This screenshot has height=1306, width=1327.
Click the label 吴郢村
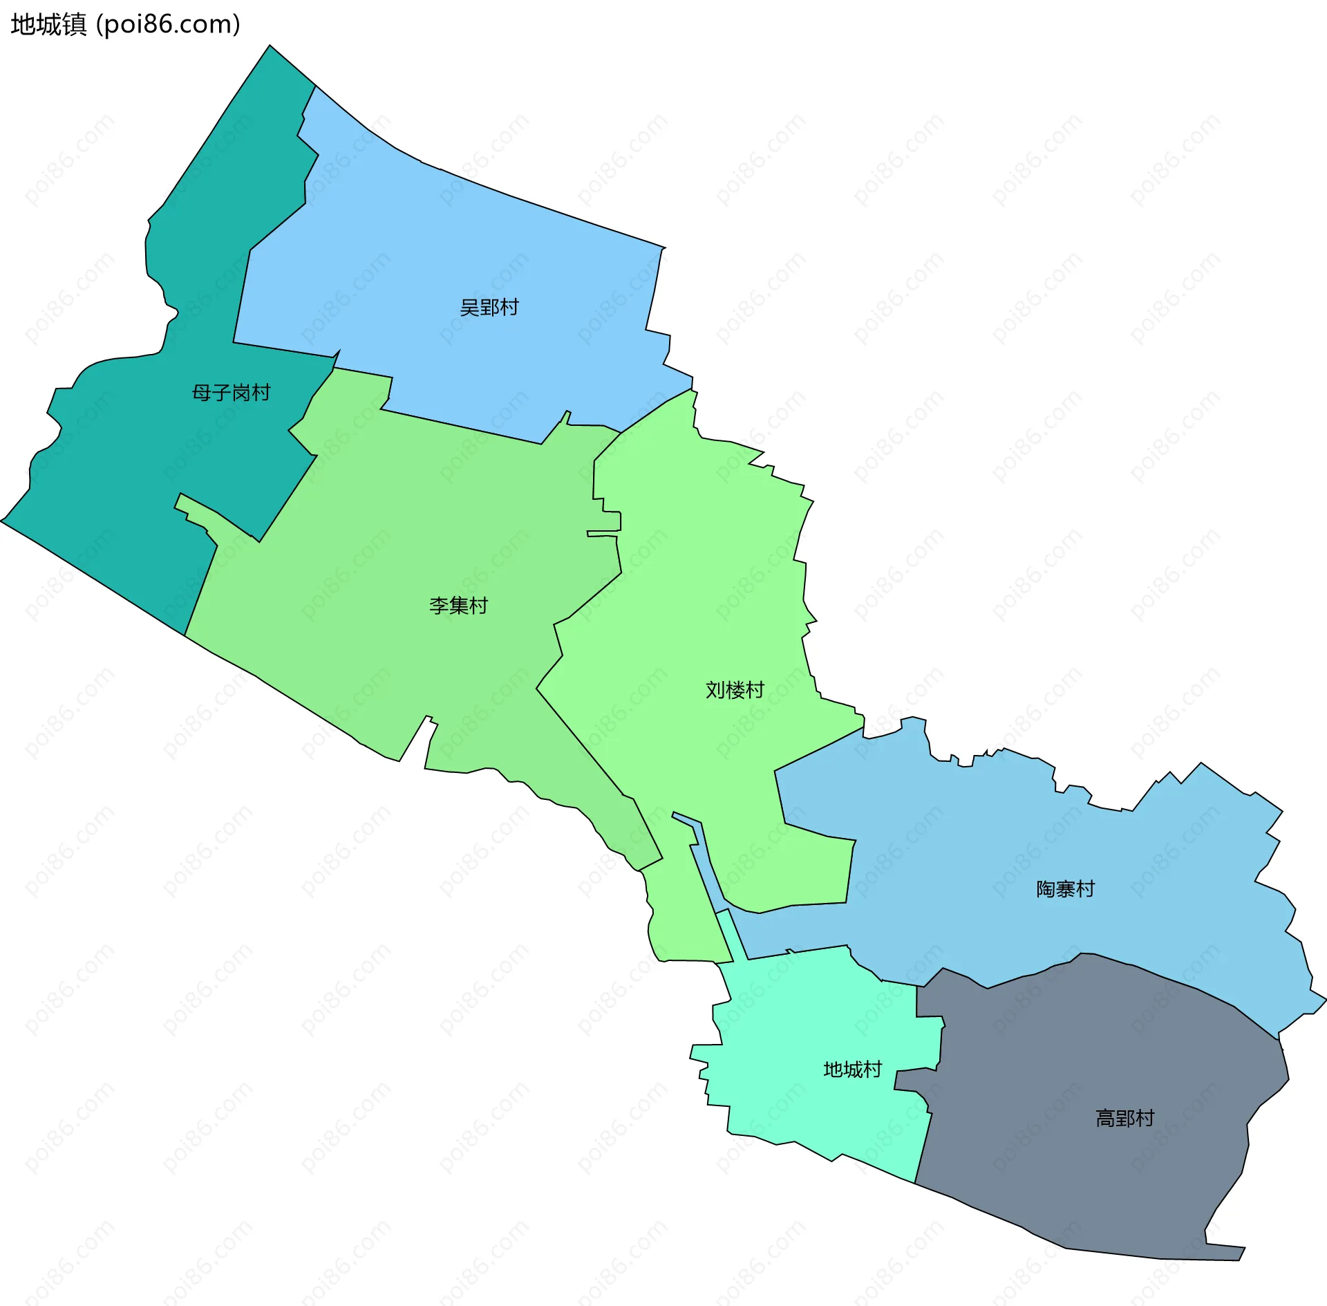[489, 308]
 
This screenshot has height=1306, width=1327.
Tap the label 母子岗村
[231, 393]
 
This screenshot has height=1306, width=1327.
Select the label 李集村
[458, 606]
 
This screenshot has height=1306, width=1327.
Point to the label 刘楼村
[735, 690]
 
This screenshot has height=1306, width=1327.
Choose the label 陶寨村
[1065, 889]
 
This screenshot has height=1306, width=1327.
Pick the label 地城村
[853, 1070]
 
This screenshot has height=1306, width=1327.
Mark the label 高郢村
[1124, 1118]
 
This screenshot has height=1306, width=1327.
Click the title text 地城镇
[48, 25]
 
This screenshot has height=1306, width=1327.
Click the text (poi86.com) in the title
[169, 25]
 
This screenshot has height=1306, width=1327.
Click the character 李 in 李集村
[439, 606]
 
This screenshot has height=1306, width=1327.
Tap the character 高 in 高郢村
[1105, 1118]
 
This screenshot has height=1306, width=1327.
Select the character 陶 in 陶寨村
[1046, 889]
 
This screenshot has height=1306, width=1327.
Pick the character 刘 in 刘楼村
[715, 690]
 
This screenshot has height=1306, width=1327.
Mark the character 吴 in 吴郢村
[470, 308]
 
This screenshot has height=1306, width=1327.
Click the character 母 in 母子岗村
[201, 393]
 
